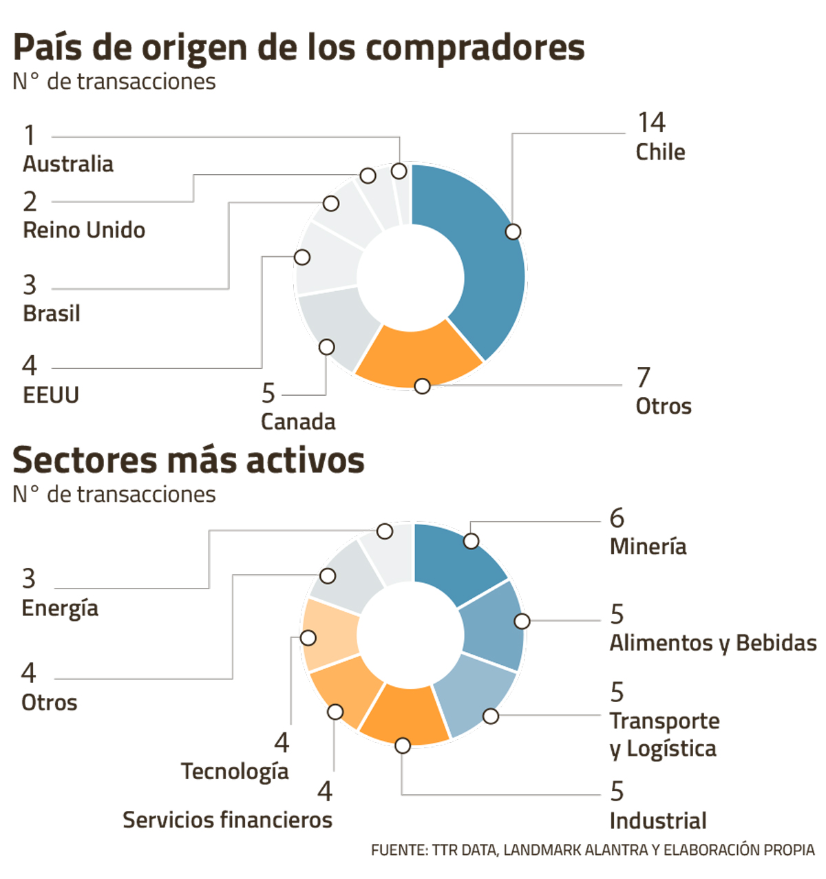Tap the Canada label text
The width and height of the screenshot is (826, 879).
298,421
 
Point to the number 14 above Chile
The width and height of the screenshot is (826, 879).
651,123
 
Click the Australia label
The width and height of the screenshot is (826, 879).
68,164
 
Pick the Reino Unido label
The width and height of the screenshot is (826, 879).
84,230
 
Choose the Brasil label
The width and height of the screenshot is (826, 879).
52,313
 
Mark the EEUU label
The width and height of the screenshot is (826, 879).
51,395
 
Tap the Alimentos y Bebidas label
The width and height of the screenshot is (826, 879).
713,643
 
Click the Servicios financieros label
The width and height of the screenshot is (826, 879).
227,820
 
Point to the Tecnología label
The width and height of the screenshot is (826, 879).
235,772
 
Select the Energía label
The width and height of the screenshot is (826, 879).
60,608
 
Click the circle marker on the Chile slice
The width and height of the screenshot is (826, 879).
513,232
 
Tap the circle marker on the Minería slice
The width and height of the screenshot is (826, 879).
471,541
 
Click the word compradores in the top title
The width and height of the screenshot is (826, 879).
475,48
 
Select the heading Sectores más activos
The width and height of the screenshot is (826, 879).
189,460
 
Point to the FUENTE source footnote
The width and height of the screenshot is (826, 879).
593,850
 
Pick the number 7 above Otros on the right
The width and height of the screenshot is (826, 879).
643,377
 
